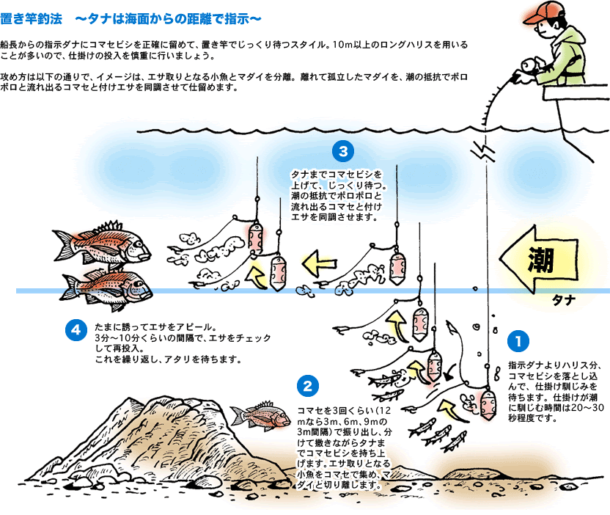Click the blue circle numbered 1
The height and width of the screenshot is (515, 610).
[x=518, y=341]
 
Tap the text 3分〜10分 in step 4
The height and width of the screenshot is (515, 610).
[x=120, y=337]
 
